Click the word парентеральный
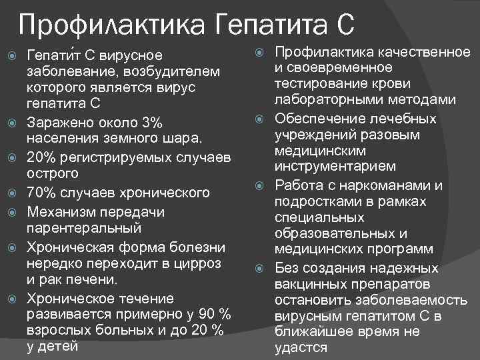(84, 228)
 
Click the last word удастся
(301, 347)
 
